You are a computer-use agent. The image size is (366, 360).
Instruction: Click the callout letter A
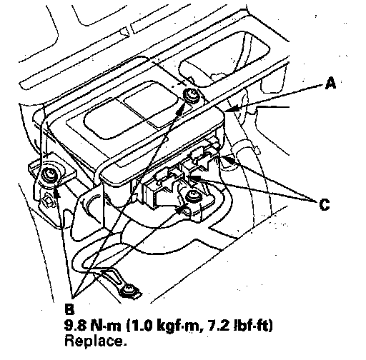coord(330,84)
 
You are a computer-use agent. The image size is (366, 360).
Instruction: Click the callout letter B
coord(69,309)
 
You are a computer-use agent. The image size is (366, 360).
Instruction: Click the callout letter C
coord(325,204)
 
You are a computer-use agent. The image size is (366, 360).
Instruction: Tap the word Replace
coord(96,341)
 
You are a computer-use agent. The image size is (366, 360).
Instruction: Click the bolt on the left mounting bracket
coord(50,176)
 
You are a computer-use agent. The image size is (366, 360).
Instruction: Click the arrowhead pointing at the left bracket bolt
coord(56,191)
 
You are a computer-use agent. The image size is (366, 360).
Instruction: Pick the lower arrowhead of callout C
coord(194,178)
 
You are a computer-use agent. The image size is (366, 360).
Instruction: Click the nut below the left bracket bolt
coord(49,199)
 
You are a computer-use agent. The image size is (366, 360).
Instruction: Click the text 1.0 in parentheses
coord(142,326)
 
